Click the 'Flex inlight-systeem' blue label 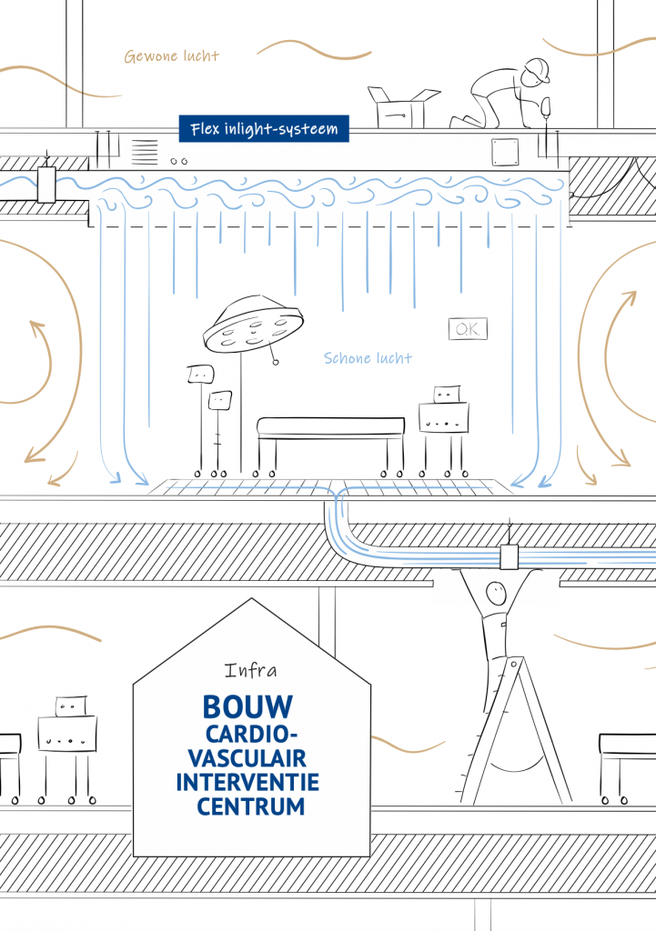[x=264, y=129]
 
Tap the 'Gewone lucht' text [x=172, y=55]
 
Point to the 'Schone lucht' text [x=368, y=358]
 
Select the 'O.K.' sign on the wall [x=469, y=329]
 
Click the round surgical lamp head [x=253, y=325]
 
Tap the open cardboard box [x=403, y=107]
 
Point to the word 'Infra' [x=250, y=670]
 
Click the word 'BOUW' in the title [x=247, y=707]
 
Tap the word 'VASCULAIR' [x=247, y=758]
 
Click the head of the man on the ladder [x=495, y=592]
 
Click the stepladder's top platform [x=510, y=662]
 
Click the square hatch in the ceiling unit [x=505, y=152]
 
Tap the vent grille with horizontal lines [x=145, y=152]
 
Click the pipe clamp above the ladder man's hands [x=509, y=557]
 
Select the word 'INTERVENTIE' [x=247, y=783]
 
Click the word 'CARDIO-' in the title [x=251, y=735]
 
